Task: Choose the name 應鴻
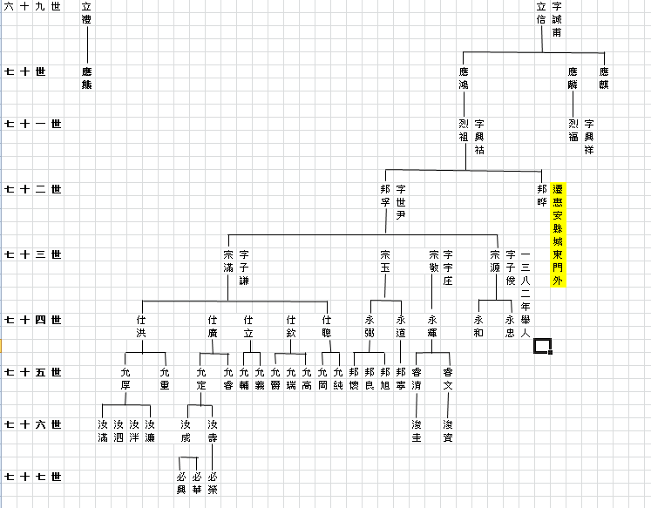(x=463, y=77)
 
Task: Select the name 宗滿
(x=228, y=261)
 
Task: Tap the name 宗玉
(x=384, y=261)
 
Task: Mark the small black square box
(x=543, y=347)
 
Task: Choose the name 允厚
(x=125, y=378)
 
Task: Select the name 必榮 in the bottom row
(x=213, y=482)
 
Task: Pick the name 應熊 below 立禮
(x=86, y=77)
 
